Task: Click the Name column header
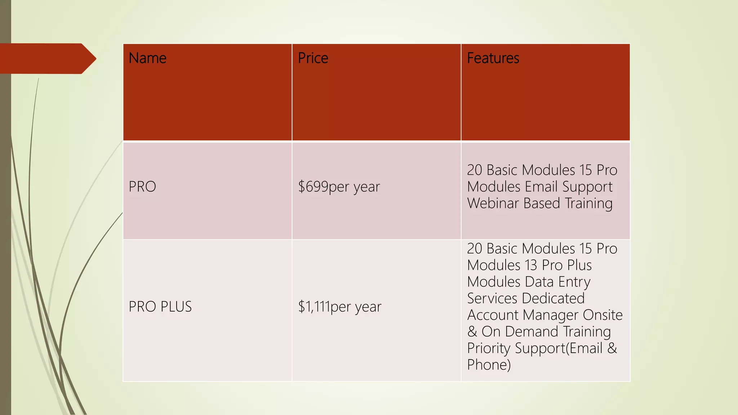point(147,58)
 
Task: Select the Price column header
point(313,58)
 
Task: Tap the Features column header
point(493,58)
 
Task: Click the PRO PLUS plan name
point(160,307)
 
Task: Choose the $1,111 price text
point(314,307)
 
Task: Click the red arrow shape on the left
point(47,59)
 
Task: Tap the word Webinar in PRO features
point(493,203)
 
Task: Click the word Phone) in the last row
point(489,365)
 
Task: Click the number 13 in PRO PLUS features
point(531,265)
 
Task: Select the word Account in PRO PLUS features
point(493,315)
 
